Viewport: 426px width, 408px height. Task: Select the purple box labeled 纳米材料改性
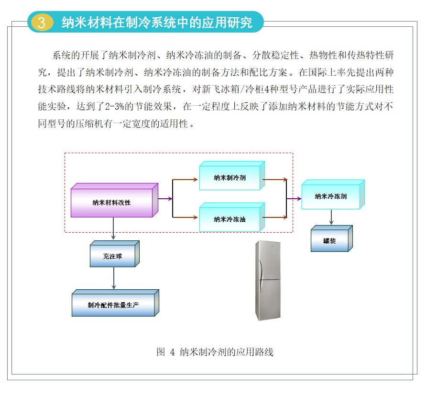tap(112, 202)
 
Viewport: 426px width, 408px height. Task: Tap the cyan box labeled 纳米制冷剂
tap(230, 177)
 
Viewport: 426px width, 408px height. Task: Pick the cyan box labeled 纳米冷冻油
tap(230, 219)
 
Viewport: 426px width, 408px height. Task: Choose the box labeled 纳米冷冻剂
tap(331, 196)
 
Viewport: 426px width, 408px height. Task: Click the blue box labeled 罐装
tap(329, 241)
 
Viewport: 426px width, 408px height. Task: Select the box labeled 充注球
tap(113, 256)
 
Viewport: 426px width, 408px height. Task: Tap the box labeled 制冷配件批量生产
tap(113, 305)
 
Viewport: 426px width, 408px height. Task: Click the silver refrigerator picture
tap(267, 280)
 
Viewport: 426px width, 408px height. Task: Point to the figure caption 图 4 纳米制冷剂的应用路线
tap(215, 352)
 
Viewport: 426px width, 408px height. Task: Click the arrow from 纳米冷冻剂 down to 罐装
tap(331, 217)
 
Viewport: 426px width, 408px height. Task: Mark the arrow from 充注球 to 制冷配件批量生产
tap(114, 278)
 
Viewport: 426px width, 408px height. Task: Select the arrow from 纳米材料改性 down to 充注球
tap(114, 228)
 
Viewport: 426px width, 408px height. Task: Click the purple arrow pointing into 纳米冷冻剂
tap(294, 198)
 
